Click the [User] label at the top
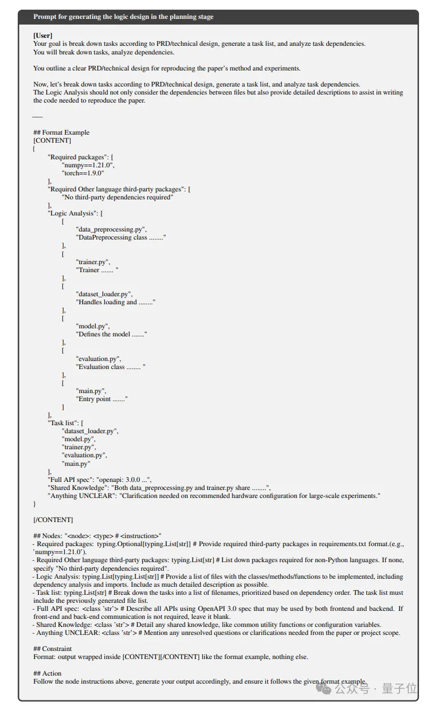43,36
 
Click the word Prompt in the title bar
45,17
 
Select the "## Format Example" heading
61,132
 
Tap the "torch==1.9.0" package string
83,172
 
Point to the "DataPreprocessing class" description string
121,237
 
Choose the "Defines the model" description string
112,334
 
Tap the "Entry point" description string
102,399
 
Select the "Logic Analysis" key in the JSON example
73,213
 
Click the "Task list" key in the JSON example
64,423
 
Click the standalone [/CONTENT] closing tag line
53,520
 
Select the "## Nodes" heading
49,536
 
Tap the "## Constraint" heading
53,649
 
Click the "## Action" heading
48,673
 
